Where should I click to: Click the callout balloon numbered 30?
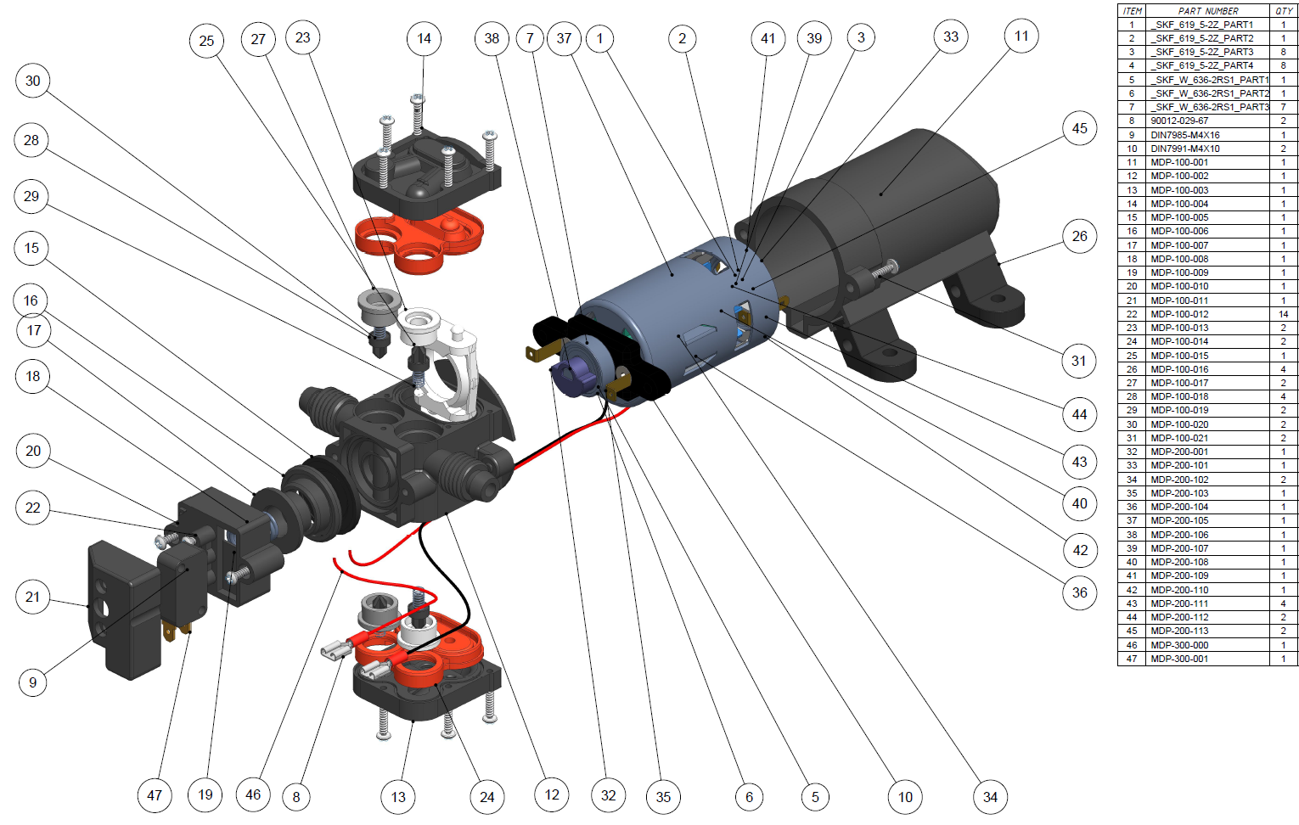33,81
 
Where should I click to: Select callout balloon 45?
1079,128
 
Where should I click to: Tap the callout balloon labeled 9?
32,682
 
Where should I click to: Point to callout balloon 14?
424,39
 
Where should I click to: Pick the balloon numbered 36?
1079,592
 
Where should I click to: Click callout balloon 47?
155,794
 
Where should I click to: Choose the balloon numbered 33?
950,36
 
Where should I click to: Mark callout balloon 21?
32,597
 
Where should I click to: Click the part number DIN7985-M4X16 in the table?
1185,134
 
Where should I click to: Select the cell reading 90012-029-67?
1179,121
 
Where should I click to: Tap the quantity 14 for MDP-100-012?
1283,314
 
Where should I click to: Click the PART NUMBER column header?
1207,11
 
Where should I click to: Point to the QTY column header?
1284,11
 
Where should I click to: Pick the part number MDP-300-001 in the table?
1179,659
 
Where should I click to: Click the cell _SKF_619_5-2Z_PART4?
1201,65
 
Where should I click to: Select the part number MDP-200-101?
1179,465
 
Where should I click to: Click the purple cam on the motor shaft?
571,377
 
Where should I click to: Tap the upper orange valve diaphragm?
419,239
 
